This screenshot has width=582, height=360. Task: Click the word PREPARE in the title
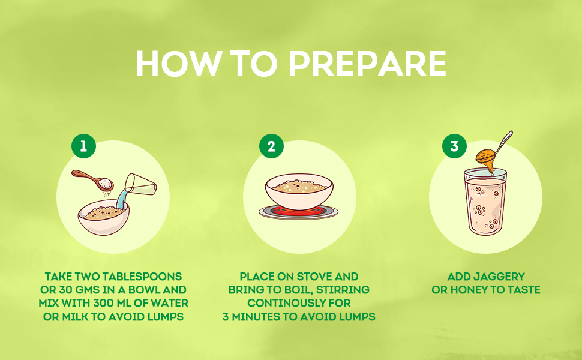[367, 64]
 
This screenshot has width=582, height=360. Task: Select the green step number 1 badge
[83, 146]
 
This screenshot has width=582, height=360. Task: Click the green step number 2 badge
[271, 146]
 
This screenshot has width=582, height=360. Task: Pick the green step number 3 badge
[454, 146]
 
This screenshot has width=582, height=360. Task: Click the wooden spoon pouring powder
[92, 179]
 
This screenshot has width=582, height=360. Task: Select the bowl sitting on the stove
[299, 192]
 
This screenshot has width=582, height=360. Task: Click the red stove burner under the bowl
[298, 212]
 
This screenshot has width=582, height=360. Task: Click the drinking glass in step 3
[485, 202]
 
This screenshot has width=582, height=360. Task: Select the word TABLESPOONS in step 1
[142, 277]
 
